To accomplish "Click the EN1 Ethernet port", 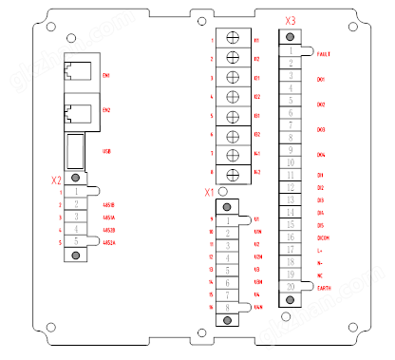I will pos(75,73).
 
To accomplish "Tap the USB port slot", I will pos(75,150).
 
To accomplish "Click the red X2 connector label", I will pos(57,179).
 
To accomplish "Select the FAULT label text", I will pos(323,55).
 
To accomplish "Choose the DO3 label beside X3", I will pos(321,129).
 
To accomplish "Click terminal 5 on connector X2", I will pos(75,242).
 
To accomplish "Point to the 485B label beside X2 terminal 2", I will pos(109,204).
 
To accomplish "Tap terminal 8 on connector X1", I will pos(228,307).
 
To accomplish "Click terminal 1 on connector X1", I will pos(228,220).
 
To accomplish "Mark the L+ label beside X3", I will pos(320,249).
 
